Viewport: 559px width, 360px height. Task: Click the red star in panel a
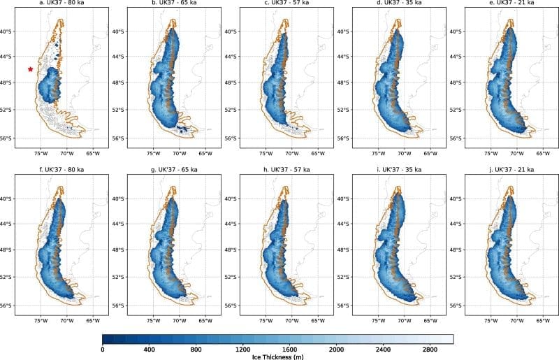pos(30,69)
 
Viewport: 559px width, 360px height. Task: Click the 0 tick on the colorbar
pos(103,349)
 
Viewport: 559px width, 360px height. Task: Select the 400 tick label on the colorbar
pos(150,349)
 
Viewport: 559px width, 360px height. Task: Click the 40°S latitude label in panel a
pos(7,31)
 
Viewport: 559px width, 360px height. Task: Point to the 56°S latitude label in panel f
pos(7,305)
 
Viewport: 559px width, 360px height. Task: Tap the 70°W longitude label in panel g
pos(179,320)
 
